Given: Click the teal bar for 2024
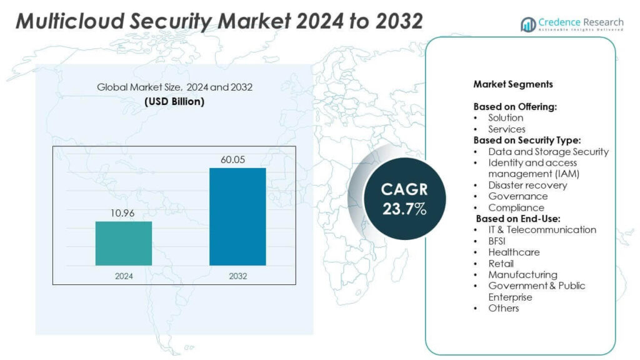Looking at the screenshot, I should pos(123,243).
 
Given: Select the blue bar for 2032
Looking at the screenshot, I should pos(237,216).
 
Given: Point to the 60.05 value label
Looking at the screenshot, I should pos(237,159).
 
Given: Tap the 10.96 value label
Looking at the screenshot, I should pos(123,213).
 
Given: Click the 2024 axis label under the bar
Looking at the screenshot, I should pos(123,275).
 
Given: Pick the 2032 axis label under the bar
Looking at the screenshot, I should pos(237,275).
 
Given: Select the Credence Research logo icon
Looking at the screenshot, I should pos(528,24).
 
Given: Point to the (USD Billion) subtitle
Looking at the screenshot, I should pos(174,101).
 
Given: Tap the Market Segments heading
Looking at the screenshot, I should pos(512,84).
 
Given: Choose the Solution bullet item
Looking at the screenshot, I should pos(506,117).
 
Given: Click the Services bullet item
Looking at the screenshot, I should pos(506,129).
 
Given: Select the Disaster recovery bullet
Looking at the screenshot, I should pos(527,185).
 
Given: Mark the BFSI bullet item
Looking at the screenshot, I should pos(499,241).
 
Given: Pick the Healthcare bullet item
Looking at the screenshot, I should pos(514,252).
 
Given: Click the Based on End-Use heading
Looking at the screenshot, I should pos(518,219).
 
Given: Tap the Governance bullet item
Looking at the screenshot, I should pos(517,196).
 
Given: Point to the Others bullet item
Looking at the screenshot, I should pos(503,308).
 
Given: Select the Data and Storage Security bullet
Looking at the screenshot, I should pos(548,151).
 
